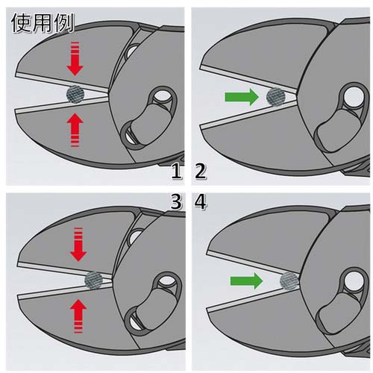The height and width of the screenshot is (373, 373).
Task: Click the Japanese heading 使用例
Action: [43, 23]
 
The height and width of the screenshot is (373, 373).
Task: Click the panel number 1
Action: [176, 171]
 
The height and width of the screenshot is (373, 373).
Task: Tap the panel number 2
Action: [201, 171]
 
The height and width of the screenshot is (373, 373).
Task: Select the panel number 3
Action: [176, 202]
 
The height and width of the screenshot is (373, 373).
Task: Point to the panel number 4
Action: [201, 202]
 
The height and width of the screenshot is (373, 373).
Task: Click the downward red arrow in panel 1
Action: [75, 59]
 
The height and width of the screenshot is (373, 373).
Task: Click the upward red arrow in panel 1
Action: [75, 130]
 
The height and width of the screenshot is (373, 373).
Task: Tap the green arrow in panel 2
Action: [242, 97]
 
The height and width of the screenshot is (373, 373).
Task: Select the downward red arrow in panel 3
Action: [78, 244]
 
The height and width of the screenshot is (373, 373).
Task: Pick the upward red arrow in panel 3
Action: [78, 316]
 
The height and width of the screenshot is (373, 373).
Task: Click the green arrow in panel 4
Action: [246, 280]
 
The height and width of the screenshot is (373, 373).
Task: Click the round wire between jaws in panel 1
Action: [75, 94]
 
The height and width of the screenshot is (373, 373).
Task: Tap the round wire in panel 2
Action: [276, 97]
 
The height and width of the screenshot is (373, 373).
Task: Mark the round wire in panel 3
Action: [94, 280]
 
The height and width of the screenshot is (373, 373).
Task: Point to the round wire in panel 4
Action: [289, 281]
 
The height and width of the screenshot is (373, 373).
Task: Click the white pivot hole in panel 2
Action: [354, 96]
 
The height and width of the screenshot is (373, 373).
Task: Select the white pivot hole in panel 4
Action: [354, 280]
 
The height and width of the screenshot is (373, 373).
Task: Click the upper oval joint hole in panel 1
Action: [162, 96]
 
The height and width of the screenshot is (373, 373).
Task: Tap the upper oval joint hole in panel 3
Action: [166, 281]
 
